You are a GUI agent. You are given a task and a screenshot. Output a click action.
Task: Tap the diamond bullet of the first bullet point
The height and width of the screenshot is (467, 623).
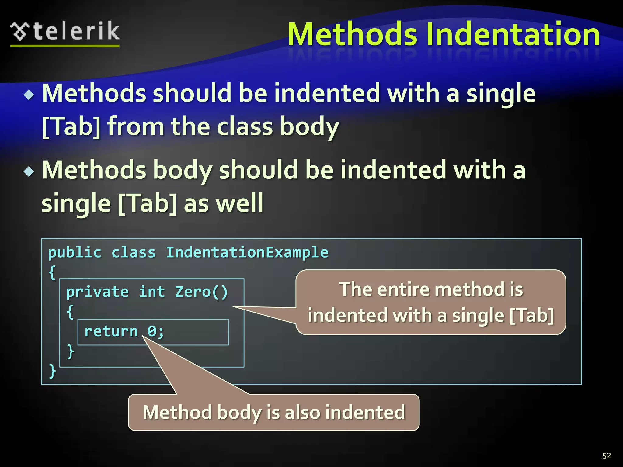tap(29, 95)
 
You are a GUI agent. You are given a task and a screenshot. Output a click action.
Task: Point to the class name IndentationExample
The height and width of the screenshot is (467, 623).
tap(247, 252)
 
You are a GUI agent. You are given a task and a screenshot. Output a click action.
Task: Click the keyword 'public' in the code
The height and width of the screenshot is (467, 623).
tap(75, 252)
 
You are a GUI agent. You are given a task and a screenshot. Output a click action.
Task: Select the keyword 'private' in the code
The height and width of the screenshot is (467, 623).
tap(97, 292)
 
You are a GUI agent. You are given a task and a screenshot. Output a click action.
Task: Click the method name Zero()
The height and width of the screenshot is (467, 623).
tap(201, 292)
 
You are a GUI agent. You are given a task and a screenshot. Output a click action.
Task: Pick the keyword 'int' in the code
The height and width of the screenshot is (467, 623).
tap(152, 292)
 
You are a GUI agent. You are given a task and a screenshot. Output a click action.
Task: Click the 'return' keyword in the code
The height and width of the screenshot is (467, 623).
tap(111, 331)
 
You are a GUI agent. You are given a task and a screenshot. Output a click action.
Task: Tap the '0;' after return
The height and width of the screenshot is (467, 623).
tap(155, 331)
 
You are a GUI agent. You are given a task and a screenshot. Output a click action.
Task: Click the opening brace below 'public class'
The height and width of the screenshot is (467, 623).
tap(52, 272)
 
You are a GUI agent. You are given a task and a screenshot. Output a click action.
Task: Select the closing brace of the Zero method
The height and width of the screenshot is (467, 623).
tap(70, 351)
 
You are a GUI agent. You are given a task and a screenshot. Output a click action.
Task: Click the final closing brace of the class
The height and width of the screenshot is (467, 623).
tap(52, 371)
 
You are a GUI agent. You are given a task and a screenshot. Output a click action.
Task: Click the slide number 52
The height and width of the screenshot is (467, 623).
tap(607, 455)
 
